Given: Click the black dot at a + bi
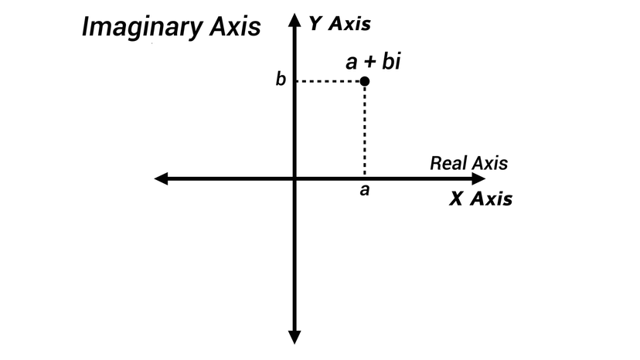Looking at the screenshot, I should [364, 81].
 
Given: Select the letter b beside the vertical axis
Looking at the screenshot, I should [281, 80].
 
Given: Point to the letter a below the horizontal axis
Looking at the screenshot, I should [364, 190].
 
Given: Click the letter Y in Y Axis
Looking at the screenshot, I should [315, 23].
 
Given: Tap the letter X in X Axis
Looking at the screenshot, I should [457, 199].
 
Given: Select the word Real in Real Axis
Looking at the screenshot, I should [446, 163].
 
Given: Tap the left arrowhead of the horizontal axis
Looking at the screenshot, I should [162, 179].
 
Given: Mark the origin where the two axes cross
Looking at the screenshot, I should [294, 179].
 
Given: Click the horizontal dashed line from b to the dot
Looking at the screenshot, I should [329, 81].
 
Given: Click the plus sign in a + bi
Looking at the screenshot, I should [370, 62].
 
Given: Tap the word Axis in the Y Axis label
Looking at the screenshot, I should [350, 23].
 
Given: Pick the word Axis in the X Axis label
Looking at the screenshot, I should [492, 199].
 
